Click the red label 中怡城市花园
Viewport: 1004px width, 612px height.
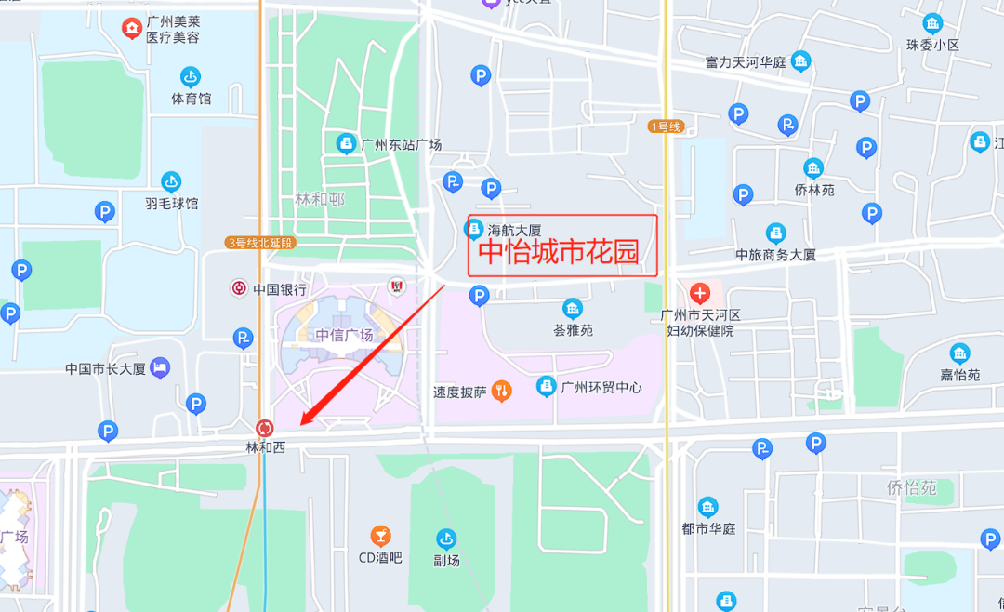tap(559, 252)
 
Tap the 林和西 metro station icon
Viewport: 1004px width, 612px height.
tap(265, 428)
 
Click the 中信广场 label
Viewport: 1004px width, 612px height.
tap(344, 336)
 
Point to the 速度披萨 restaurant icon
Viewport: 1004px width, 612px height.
tap(502, 391)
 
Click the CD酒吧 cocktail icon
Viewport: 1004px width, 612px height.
tap(380, 536)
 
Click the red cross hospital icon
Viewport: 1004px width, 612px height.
tap(700, 294)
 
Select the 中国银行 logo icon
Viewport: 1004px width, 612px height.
tap(240, 288)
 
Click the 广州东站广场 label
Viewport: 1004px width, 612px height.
tap(401, 144)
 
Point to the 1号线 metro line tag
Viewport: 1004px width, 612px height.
tap(667, 126)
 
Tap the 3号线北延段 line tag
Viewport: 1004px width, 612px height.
tap(259, 243)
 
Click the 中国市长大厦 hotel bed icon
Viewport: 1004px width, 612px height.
tap(160, 367)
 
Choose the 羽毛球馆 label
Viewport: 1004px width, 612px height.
tap(171, 204)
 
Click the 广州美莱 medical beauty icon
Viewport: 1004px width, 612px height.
tap(133, 29)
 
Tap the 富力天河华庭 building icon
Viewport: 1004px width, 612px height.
tap(800, 62)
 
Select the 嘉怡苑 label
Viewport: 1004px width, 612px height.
tap(959, 375)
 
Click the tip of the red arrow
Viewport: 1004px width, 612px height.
tap(301, 427)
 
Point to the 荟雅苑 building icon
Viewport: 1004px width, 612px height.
tap(573, 309)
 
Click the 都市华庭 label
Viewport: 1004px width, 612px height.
tap(708, 528)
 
